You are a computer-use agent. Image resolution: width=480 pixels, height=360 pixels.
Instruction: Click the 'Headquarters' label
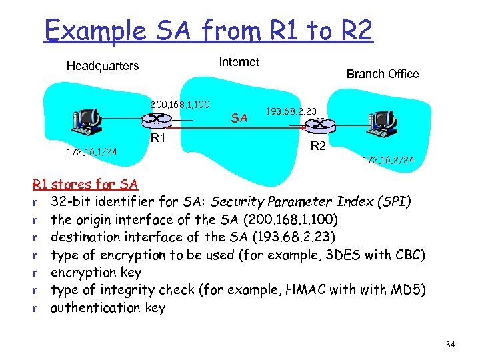point(103,66)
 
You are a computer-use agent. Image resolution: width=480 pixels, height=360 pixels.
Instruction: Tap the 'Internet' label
point(239,62)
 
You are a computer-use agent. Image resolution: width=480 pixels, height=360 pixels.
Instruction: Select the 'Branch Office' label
point(382,74)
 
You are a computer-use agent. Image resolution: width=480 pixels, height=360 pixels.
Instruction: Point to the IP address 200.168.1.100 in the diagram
point(180,105)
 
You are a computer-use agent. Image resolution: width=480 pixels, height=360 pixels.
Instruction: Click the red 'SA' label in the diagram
point(239,118)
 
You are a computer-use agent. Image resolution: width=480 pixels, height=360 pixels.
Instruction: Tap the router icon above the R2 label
point(319,125)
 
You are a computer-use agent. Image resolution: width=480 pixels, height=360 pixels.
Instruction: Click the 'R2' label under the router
point(319,145)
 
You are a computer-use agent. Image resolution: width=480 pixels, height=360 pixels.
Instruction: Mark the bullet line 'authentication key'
point(108,307)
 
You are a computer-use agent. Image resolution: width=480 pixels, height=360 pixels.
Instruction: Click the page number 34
point(450,344)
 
